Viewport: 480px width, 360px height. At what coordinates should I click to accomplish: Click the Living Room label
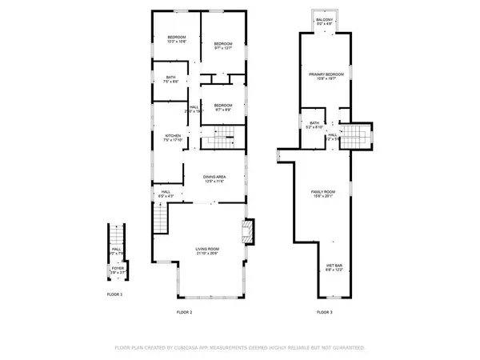[x=208, y=251]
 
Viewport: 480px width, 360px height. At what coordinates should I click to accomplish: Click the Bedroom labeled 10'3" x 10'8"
[x=177, y=39]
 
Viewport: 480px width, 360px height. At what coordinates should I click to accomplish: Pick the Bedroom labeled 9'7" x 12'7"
[x=222, y=46]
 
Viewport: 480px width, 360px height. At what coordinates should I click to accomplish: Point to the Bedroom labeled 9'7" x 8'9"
[x=222, y=107]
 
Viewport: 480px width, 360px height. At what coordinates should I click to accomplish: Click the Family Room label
[x=323, y=193]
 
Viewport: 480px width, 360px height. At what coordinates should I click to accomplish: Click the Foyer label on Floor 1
[x=117, y=270]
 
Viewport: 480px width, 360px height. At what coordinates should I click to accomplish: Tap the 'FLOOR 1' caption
[x=115, y=295]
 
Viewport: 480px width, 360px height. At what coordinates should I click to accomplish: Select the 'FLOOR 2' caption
[x=185, y=312]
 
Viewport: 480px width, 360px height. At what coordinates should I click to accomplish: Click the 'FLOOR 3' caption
[x=324, y=312]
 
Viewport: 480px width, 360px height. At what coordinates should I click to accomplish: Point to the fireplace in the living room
[x=247, y=233]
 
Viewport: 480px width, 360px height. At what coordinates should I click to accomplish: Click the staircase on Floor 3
[x=357, y=135]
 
